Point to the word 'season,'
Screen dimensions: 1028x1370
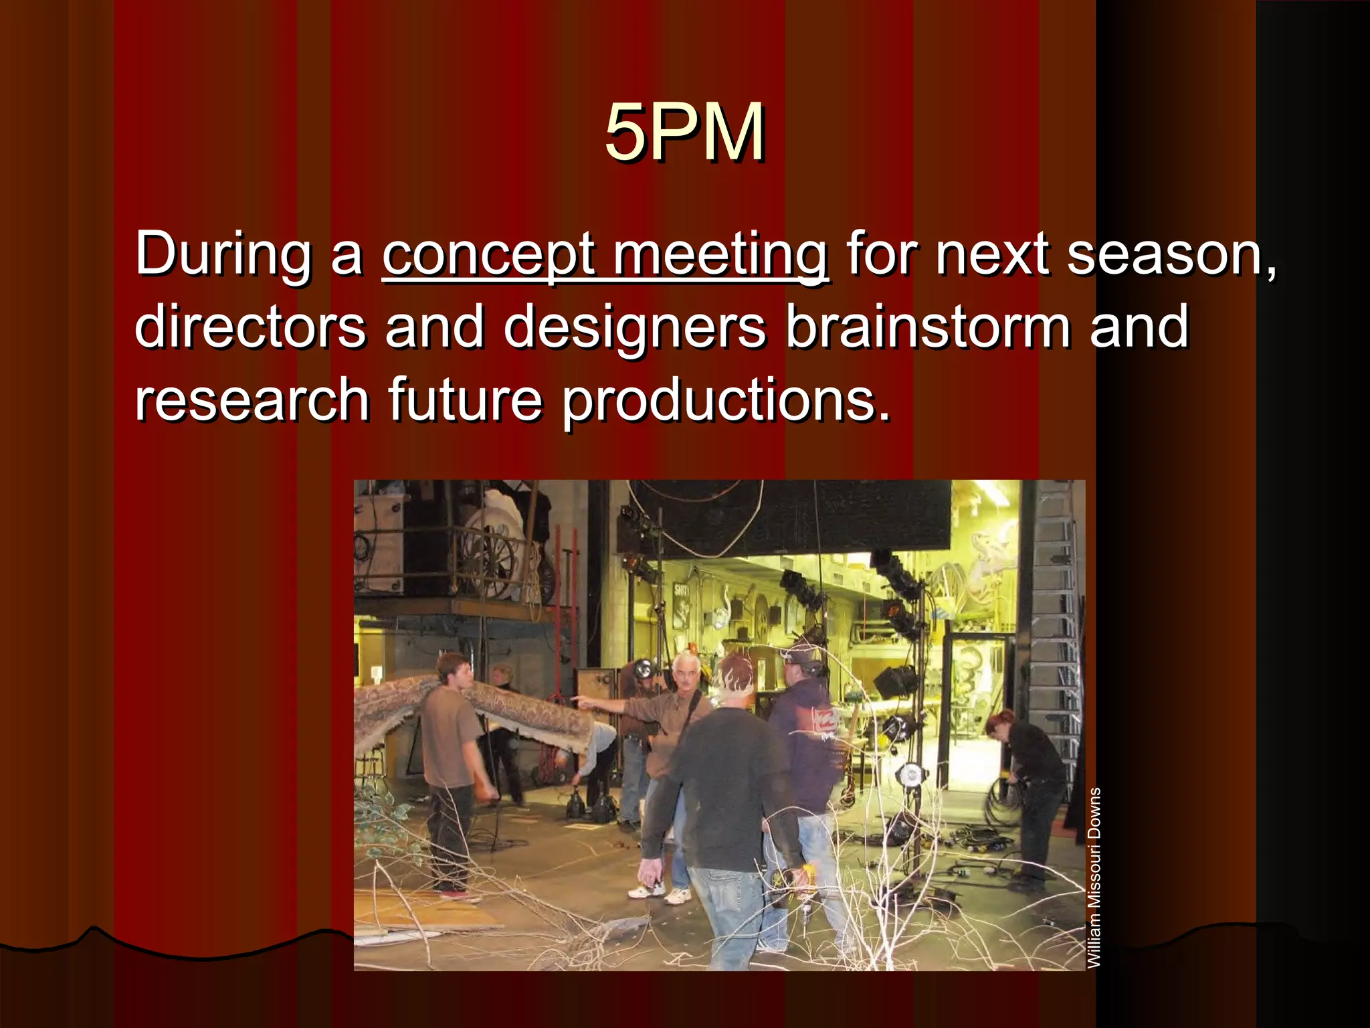pyautogui.click(x=1171, y=254)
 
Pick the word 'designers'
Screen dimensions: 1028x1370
pyautogui.click(x=635, y=327)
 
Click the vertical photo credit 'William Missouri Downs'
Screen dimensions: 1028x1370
pyautogui.click(x=1094, y=877)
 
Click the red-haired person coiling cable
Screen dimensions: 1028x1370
pyautogui.click(x=1030, y=790)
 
